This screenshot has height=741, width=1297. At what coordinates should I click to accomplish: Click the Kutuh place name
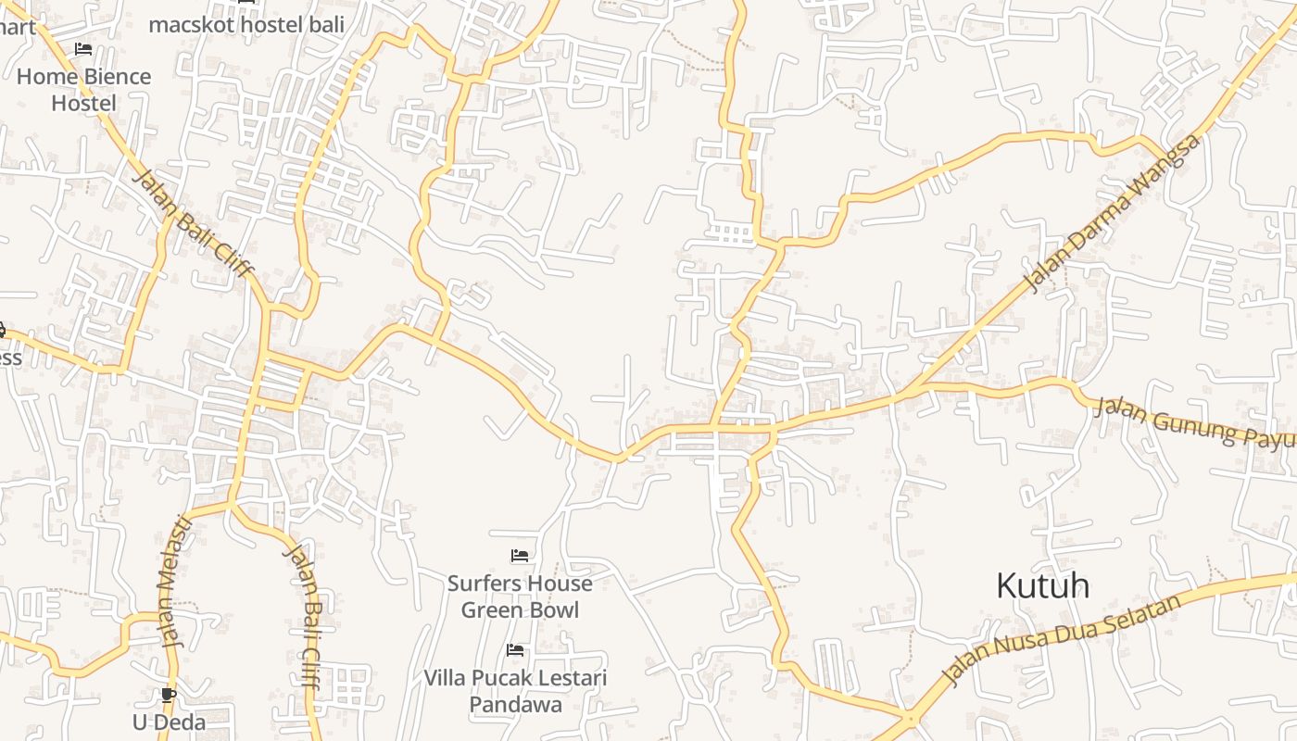point(1042,585)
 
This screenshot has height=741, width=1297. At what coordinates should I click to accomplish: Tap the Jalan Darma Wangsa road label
point(1112,212)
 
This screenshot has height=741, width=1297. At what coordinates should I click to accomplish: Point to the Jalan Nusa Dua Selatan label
point(1062,639)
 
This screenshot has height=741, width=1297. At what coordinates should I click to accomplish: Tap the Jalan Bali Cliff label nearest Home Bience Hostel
point(193,222)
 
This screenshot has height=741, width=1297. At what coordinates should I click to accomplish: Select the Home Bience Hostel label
point(83,90)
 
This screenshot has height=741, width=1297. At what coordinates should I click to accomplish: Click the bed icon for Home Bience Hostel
point(83,49)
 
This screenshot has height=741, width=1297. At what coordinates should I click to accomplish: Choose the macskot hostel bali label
point(246,25)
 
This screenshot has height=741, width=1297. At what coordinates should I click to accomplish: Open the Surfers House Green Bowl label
point(520,597)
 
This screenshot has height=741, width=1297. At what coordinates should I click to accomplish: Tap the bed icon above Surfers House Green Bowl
point(520,556)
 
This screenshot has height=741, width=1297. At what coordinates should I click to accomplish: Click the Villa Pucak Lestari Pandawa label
point(515,691)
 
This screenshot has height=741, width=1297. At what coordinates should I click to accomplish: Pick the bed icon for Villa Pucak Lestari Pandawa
point(515,650)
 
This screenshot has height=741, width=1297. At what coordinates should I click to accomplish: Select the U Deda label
point(169,722)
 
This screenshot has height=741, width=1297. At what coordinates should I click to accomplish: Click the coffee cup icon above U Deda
point(169,695)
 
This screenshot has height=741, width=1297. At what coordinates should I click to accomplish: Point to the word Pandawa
point(515,705)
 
